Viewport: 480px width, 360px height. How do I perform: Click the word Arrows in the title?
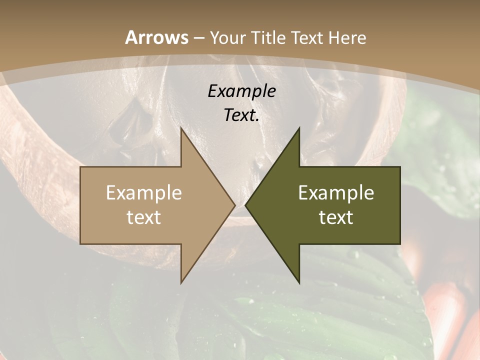[x=156, y=37]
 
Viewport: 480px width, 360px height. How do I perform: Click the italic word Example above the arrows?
[x=242, y=91]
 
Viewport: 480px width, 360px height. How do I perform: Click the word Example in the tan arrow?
[x=144, y=192]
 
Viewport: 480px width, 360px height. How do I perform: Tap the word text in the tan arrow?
[x=144, y=217]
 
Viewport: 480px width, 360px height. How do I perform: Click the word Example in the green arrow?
[x=336, y=192]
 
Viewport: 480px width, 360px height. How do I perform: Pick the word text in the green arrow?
[x=336, y=217]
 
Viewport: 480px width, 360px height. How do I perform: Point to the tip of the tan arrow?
[x=235, y=205]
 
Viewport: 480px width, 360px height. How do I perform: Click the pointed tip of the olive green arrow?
[x=245, y=205]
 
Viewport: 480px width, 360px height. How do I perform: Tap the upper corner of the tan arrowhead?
[x=181, y=128]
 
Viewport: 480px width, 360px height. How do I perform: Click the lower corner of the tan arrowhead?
[x=181, y=283]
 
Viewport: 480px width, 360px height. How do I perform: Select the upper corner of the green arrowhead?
[x=299, y=128]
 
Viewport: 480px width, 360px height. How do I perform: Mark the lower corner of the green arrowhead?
[x=299, y=283]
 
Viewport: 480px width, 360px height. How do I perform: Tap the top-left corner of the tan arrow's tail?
[x=80, y=167]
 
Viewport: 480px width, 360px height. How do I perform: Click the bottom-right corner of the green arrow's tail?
[x=400, y=244]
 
